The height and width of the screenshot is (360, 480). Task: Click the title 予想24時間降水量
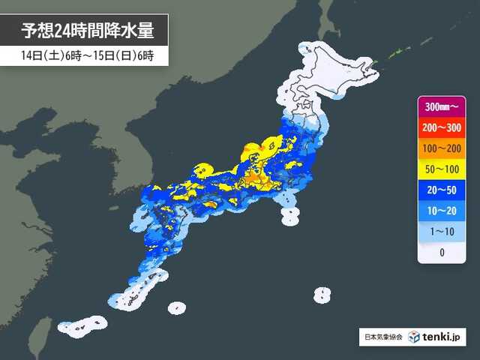87,31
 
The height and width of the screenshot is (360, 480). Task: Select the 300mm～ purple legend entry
442,106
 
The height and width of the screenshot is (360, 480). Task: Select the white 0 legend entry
442,253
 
